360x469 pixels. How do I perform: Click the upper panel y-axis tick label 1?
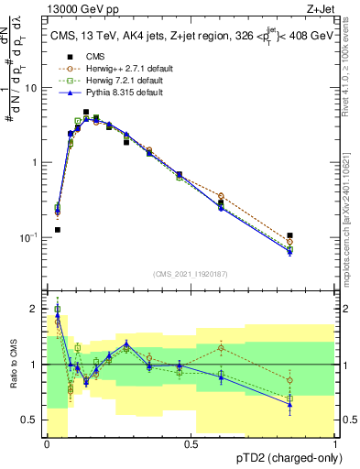coord(37,163)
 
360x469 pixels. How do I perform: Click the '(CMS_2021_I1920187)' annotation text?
coord(191,273)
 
